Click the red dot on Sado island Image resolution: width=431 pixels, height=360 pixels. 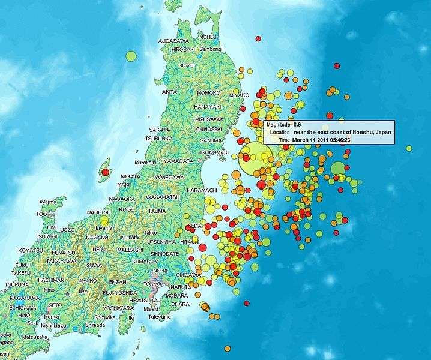tap(106, 172)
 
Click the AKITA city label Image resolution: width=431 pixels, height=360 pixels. tap(169, 92)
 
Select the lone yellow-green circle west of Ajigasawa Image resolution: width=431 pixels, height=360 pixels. tap(131, 56)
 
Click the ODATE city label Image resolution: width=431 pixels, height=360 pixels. tap(187, 65)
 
